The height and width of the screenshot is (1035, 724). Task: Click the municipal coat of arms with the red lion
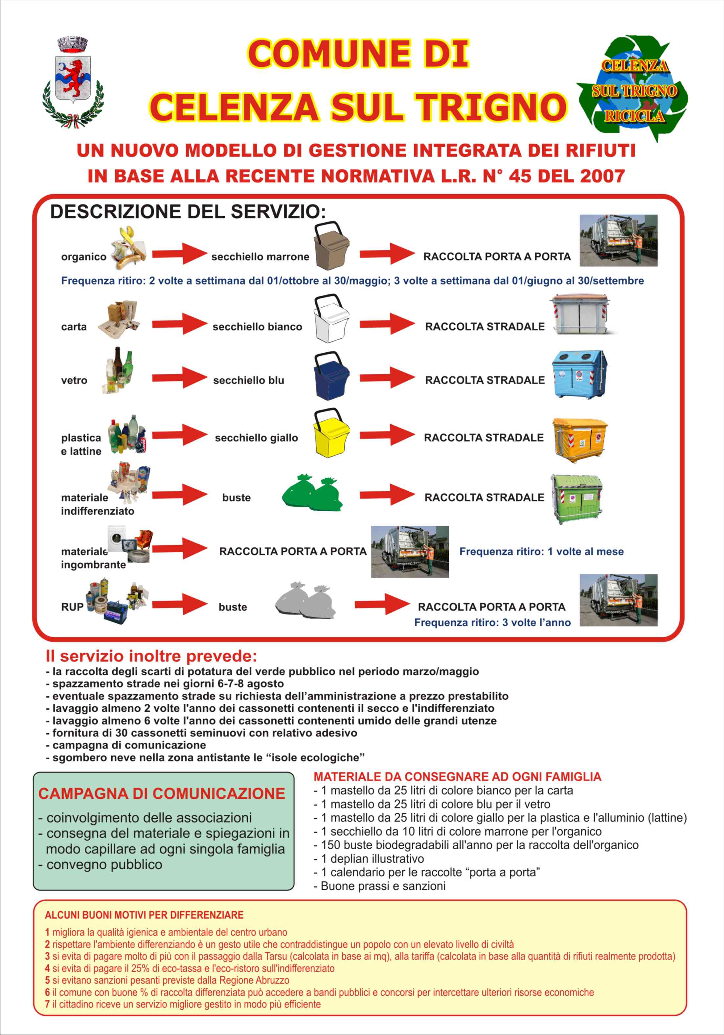(73, 81)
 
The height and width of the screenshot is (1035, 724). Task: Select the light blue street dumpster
(579, 374)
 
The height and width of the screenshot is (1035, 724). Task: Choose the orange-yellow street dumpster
(580, 438)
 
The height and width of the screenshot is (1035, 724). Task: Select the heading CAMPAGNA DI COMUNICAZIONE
(161, 793)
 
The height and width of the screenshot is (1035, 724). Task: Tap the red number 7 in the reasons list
(47, 1004)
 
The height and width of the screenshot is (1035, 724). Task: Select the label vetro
(74, 381)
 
